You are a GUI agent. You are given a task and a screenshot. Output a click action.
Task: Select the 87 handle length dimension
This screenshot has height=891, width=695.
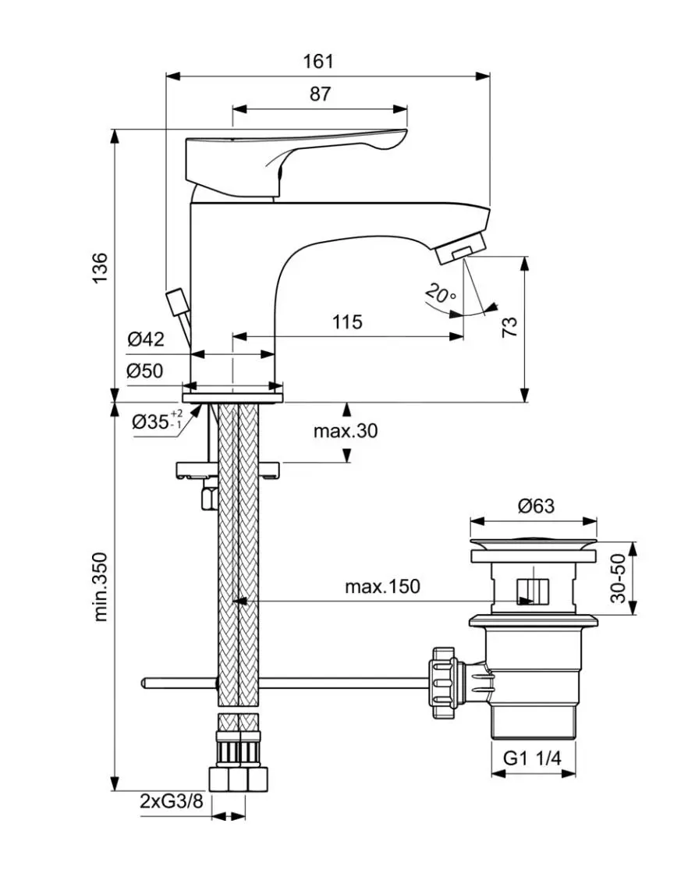tap(320, 94)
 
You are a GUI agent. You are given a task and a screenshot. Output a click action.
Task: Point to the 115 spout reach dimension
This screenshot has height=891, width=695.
tap(347, 321)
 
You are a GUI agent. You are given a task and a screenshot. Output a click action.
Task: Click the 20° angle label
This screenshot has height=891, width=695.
tap(441, 295)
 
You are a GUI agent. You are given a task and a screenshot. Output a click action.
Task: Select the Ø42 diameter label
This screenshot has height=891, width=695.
tap(146, 339)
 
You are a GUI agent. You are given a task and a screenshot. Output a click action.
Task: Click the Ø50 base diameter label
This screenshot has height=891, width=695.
tap(146, 371)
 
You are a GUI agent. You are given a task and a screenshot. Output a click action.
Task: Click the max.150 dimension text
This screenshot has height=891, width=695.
tap(382, 586)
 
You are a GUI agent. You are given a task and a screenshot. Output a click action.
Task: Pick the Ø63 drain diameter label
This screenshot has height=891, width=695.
tap(536, 506)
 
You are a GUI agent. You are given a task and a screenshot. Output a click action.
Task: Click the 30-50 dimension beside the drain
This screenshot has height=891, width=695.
tap(619, 578)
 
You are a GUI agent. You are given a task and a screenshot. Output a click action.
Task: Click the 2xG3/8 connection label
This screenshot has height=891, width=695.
tap(170, 801)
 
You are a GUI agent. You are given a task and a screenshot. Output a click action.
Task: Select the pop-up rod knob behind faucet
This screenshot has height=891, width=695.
tap(176, 300)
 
